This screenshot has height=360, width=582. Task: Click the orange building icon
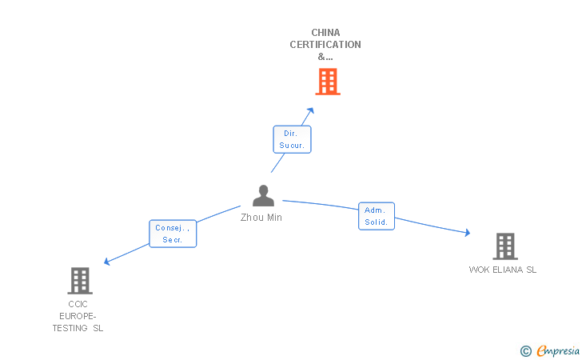(x=327, y=82)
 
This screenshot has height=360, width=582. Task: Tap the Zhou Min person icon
(x=263, y=196)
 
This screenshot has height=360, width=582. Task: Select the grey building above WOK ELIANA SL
(x=504, y=246)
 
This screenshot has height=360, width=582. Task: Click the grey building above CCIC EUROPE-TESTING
(x=79, y=281)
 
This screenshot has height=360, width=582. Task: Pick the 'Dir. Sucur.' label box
(x=292, y=139)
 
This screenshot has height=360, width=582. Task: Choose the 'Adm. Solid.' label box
(x=377, y=216)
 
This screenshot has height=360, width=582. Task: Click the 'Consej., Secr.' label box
(x=173, y=233)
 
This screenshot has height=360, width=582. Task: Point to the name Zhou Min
(x=261, y=218)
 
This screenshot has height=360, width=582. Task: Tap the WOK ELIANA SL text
(x=503, y=270)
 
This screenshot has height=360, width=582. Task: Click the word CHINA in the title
(x=325, y=33)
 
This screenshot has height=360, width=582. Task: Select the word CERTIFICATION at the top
(x=325, y=45)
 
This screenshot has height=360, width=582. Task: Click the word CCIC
(x=78, y=305)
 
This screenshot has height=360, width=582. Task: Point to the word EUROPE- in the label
(x=78, y=316)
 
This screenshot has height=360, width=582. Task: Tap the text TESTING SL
(x=78, y=328)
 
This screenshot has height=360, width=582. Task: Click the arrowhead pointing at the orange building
(x=311, y=110)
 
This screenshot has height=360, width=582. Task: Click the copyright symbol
(x=525, y=350)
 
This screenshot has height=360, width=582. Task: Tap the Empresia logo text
(x=557, y=350)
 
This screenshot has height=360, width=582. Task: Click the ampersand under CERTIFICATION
(x=322, y=57)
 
